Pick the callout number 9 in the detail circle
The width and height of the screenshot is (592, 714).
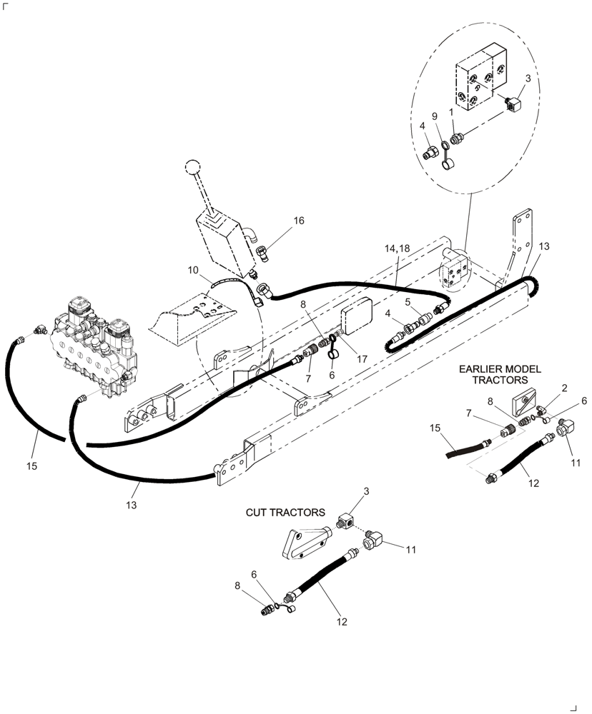[433, 117]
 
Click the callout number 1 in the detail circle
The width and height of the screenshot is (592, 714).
[452, 112]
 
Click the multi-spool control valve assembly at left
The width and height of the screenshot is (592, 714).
[97, 343]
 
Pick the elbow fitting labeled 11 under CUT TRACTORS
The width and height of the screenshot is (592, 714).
[376, 547]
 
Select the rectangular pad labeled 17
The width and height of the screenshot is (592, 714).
[358, 318]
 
